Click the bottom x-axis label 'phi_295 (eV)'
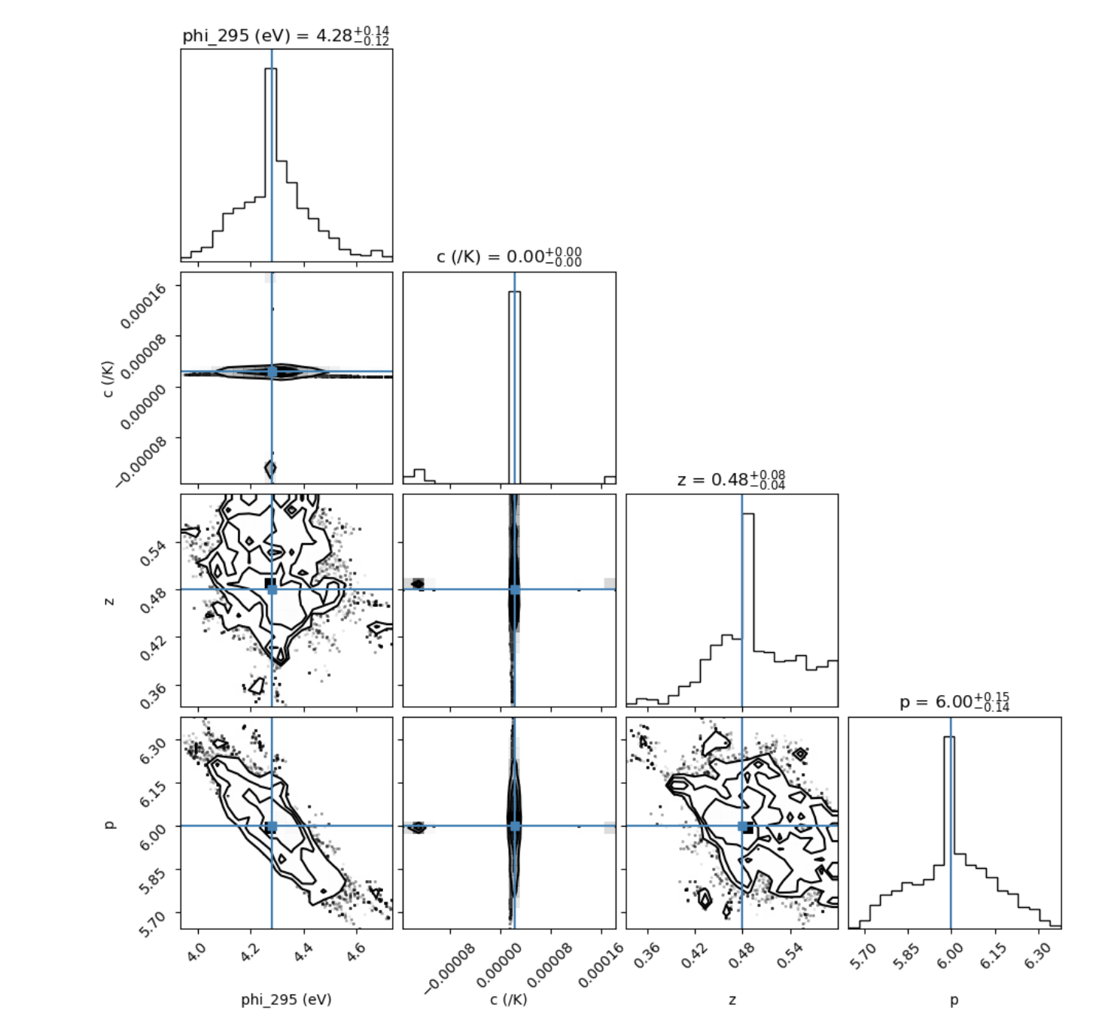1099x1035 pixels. [286, 1000]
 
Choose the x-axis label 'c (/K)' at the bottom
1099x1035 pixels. [509, 1000]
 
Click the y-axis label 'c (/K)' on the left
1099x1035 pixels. [109, 378]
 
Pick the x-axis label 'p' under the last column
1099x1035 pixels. [954, 1000]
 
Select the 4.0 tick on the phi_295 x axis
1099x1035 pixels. [195, 953]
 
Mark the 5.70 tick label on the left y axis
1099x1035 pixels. [151, 922]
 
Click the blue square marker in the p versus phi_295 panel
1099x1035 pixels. [272, 826]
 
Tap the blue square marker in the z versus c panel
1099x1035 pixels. [515, 590]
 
